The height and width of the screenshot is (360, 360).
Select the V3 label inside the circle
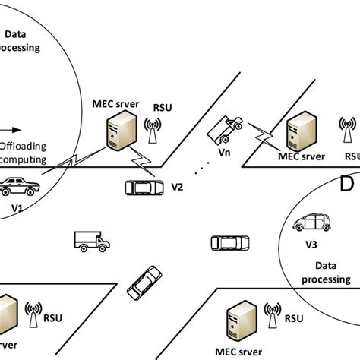(x=311, y=245)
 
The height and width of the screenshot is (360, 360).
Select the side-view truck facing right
(x=92, y=242)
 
